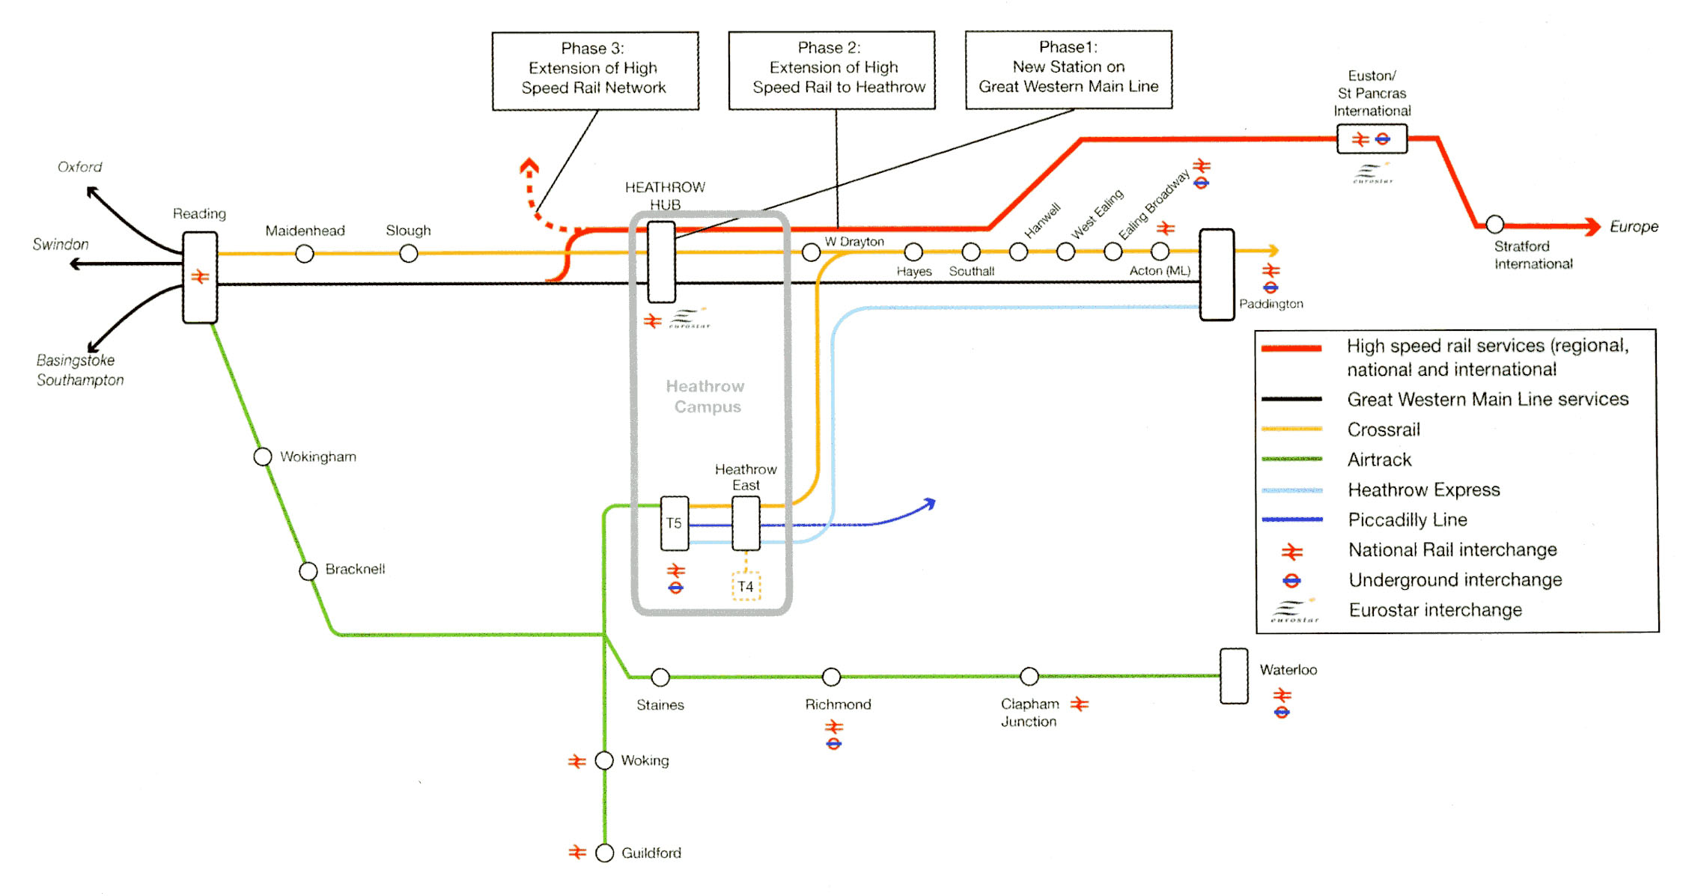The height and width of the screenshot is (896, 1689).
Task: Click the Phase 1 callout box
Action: click(1068, 69)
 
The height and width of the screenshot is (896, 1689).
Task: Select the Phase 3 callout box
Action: click(595, 70)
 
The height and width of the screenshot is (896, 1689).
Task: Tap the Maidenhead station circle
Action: click(304, 254)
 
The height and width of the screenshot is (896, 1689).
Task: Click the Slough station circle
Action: click(408, 254)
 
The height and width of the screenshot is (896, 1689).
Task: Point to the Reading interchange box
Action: click(200, 277)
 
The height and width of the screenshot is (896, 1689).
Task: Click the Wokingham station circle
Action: click(262, 457)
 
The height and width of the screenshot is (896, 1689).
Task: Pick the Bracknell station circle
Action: click(308, 571)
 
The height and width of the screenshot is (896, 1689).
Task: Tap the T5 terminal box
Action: click(674, 523)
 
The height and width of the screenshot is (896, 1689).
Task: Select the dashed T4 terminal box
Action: click(746, 586)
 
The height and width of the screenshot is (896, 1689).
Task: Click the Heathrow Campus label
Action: click(706, 397)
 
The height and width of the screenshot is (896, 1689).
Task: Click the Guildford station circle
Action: click(604, 853)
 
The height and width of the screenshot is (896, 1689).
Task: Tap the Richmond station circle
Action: click(831, 677)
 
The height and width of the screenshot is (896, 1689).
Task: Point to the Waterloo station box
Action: click(1234, 676)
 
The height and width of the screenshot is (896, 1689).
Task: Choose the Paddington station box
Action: click(1217, 275)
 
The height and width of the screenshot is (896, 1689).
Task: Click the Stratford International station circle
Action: click(1494, 224)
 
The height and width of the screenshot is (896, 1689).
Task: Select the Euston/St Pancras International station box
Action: click(1372, 139)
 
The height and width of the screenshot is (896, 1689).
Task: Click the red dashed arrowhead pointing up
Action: click(529, 165)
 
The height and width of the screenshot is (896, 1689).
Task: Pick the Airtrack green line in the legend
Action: click(1291, 459)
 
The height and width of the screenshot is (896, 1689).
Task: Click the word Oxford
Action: click(79, 167)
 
